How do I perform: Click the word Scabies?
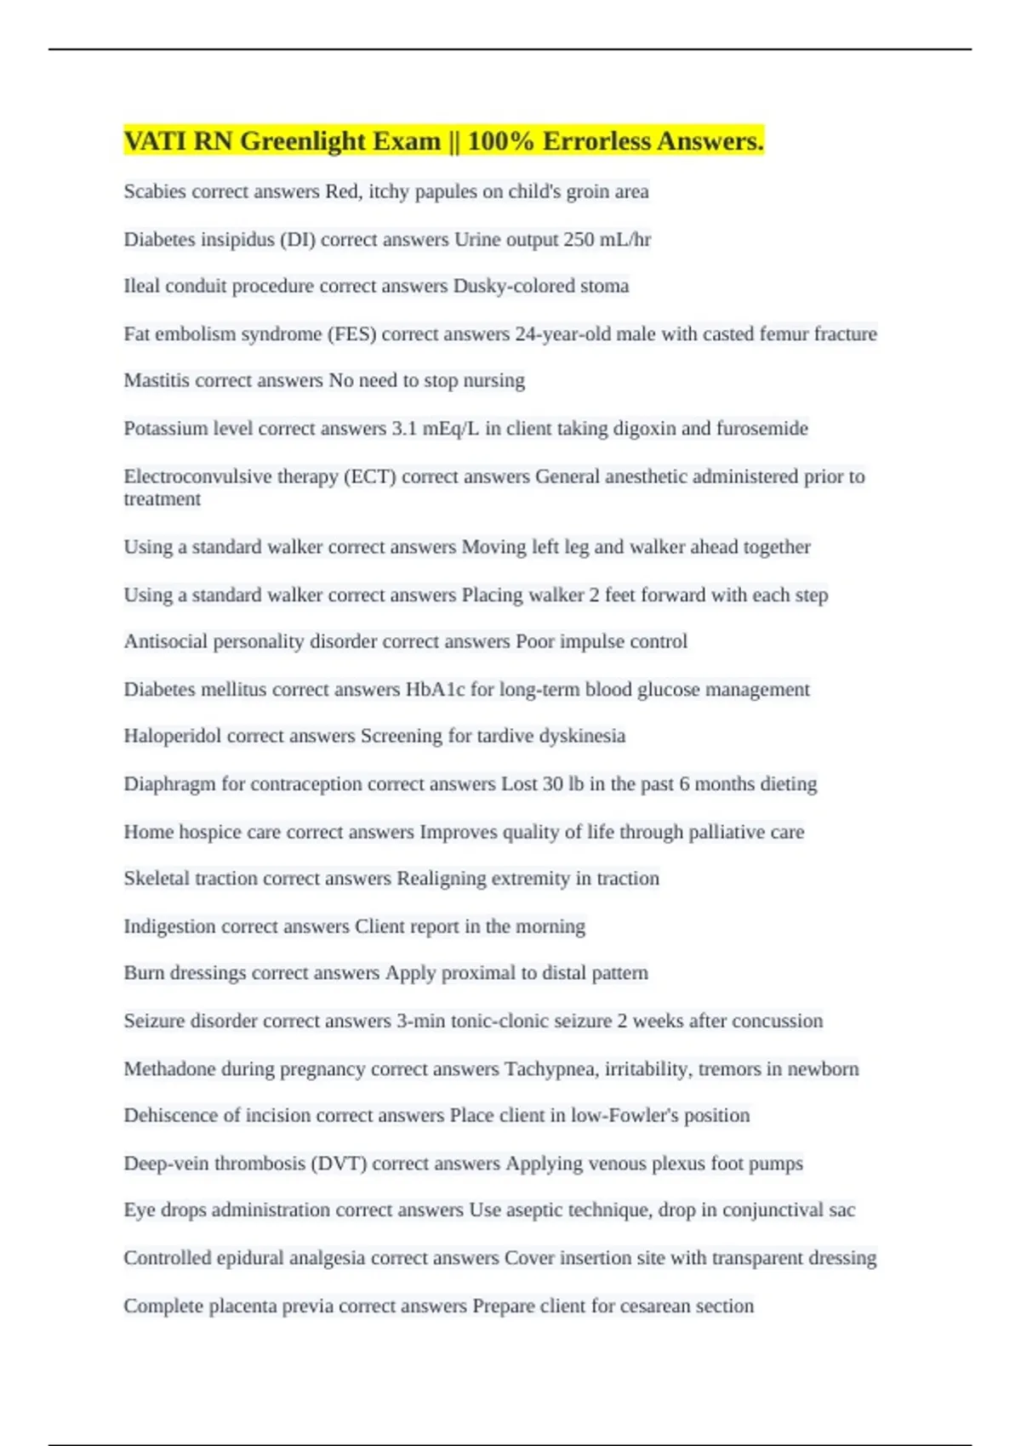[155, 191]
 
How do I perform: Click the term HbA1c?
[435, 689]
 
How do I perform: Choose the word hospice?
[209, 832]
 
